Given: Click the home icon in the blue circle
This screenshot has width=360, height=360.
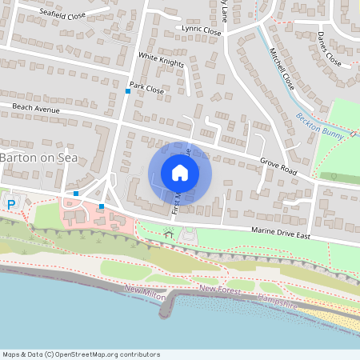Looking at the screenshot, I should coord(180,172).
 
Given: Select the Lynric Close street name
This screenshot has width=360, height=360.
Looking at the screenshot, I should coord(201,30).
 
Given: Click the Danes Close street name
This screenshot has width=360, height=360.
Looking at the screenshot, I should coord(329,49).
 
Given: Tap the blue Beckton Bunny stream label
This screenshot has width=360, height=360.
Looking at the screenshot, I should coord(319,126).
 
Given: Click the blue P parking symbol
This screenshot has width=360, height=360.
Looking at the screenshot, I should coord(11,204).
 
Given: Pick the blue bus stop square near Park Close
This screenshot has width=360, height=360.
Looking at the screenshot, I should coord(127,91).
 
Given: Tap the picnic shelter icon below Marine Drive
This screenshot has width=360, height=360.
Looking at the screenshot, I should coord(168,232).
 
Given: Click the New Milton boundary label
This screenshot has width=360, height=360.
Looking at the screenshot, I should coord(146,294).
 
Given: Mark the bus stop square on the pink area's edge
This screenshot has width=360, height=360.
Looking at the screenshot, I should coord(102,206).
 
